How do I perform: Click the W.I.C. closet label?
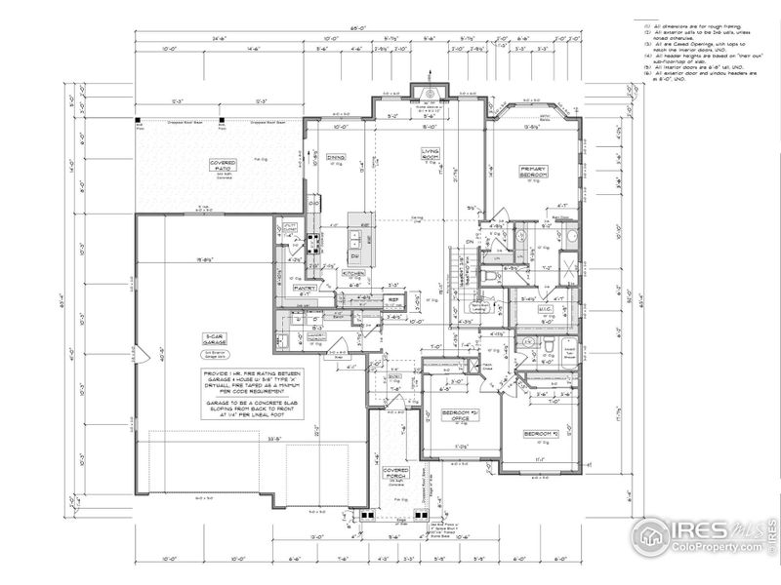546,309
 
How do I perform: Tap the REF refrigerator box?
392,299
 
